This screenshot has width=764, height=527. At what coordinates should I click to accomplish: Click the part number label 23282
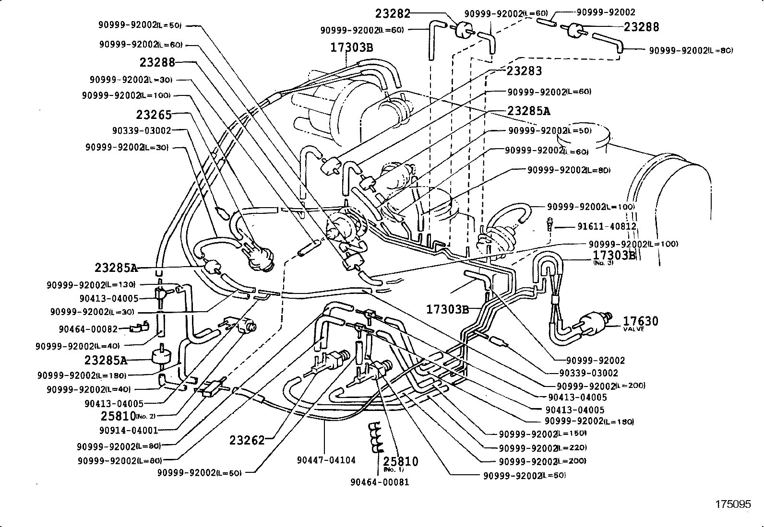(392, 13)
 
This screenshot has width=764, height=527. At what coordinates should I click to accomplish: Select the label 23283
(524, 71)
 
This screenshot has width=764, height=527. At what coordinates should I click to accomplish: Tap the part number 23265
(154, 115)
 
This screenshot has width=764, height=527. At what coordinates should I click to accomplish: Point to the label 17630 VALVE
(641, 322)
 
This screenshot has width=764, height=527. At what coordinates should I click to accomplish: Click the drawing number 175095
(733, 504)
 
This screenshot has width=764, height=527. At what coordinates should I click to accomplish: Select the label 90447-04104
(326, 460)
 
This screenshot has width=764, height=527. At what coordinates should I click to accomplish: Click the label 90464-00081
(380, 482)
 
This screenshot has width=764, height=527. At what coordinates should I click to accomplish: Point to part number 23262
(247, 440)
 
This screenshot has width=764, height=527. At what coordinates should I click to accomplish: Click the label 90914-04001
(129, 430)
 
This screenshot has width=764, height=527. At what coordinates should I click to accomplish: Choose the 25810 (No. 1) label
(401, 463)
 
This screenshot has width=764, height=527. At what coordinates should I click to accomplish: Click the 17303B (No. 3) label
(614, 257)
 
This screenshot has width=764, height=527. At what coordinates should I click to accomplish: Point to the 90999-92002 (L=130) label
(91, 284)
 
